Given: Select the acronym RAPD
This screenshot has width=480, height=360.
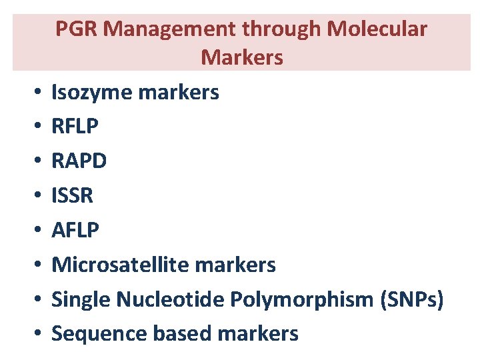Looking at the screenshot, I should tap(79, 161).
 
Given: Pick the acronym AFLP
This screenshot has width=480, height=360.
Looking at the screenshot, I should tap(75, 231).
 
